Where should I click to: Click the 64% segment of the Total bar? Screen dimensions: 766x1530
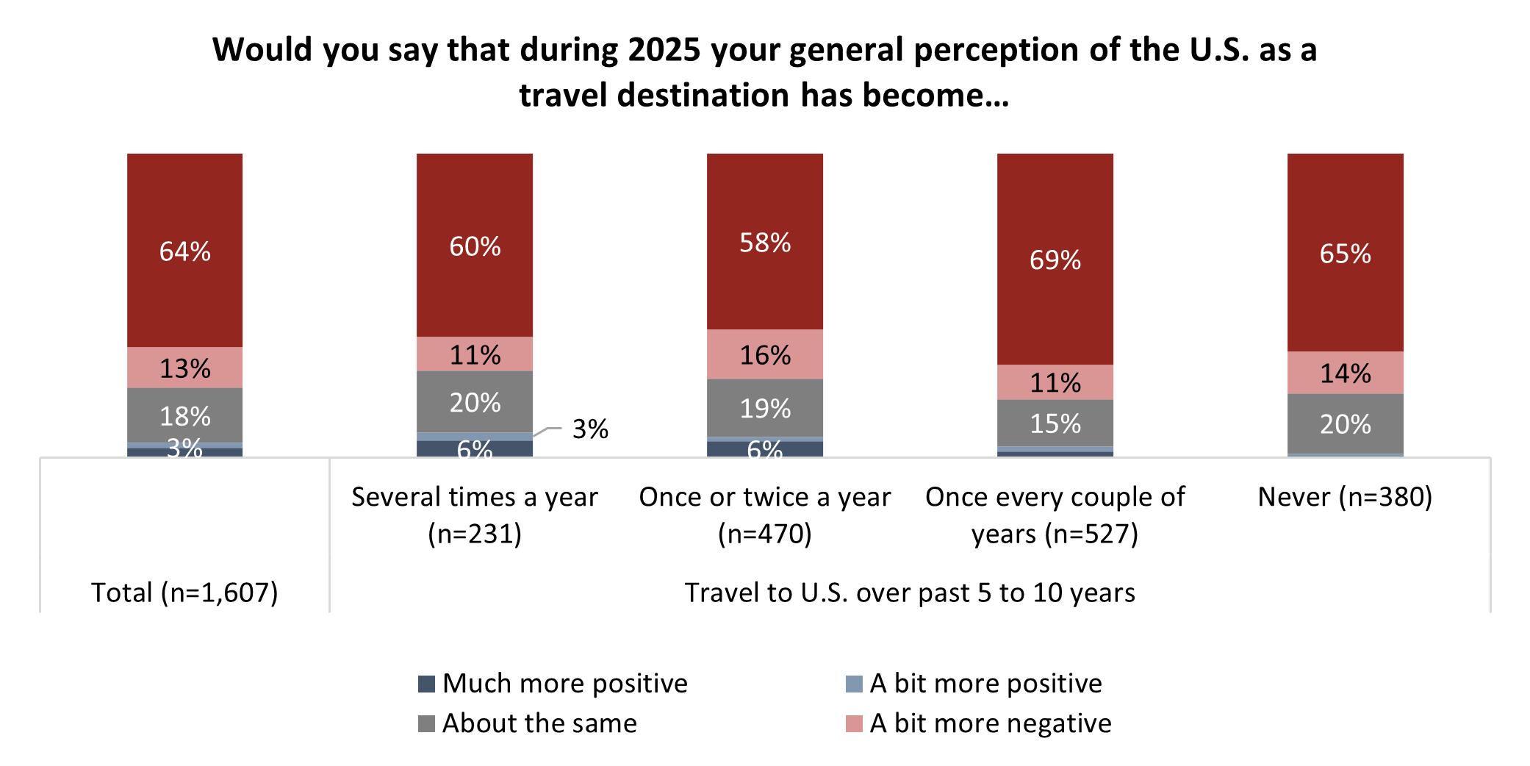coord(184,251)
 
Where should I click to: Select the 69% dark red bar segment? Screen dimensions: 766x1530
coord(1055,259)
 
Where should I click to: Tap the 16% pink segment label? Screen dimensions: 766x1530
coord(764,355)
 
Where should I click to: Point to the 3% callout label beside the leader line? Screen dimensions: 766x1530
coord(590,429)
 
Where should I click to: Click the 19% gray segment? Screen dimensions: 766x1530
coord(764,408)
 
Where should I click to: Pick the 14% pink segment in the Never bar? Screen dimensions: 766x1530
coord(1345,373)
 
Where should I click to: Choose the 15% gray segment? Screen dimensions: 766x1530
coord(1055,423)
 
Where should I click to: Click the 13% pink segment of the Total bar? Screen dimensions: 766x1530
coord(184,368)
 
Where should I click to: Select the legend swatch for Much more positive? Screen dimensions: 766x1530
coord(426,684)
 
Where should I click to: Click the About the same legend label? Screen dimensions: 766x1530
coord(539,723)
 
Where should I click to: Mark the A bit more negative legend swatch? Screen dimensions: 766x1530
coord(854,723)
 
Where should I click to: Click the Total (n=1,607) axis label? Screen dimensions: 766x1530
coord(184,593)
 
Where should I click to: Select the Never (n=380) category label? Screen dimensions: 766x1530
coord(1345,497)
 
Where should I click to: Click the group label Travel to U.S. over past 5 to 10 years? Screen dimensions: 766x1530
coord(910,593)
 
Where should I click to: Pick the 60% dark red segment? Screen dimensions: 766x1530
coord(475,246)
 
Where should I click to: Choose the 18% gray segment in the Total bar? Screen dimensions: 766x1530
coord(184,416)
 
